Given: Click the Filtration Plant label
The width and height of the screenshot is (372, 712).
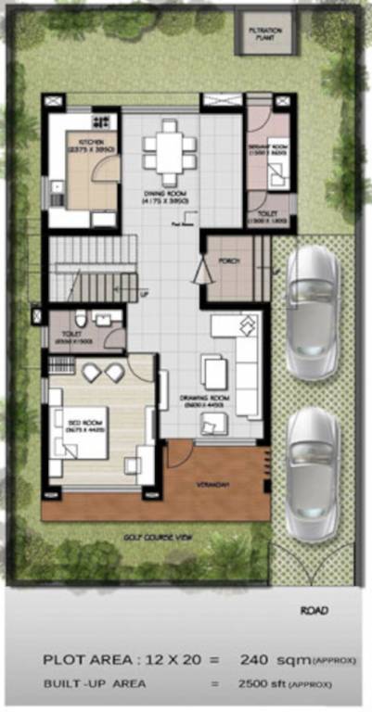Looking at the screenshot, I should [x=262, y=34].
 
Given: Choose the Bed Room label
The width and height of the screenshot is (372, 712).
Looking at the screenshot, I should [x=84, y=426].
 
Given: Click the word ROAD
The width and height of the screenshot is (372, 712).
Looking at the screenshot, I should [x=313, y=611].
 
